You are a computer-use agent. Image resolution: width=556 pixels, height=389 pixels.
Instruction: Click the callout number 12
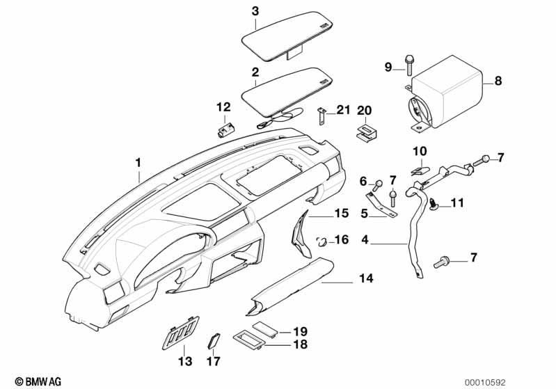click(x=223, y=106)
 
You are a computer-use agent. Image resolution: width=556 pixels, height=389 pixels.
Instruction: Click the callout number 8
click(x=498, y=81)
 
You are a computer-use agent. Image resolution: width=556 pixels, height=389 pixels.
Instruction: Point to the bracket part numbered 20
click(x=365, y=134)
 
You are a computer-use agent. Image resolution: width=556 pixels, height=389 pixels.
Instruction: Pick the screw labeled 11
click(x=434, y=205)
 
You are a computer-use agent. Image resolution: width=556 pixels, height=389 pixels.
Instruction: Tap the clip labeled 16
click(x=321, y=242)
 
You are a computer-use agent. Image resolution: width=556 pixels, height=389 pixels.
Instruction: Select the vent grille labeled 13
click(x=180, y=332)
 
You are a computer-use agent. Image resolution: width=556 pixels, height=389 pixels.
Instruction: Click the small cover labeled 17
click(x=214, y=342)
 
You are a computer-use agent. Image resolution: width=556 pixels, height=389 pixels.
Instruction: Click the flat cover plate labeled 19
click(x=266, y=328)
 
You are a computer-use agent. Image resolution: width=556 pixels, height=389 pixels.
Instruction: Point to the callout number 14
click(x=366, y=278)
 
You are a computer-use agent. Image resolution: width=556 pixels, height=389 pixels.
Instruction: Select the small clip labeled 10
click(x=420, y=170)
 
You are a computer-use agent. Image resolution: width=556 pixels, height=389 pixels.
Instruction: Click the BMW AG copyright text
click(x=38, y=381)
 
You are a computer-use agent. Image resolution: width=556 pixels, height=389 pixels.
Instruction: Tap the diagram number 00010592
click(x=485, y=382)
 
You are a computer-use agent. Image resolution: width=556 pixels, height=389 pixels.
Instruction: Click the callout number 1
click(x=138, y=162)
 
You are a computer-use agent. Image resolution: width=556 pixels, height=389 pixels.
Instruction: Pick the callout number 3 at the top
click(x=255, y=11)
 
